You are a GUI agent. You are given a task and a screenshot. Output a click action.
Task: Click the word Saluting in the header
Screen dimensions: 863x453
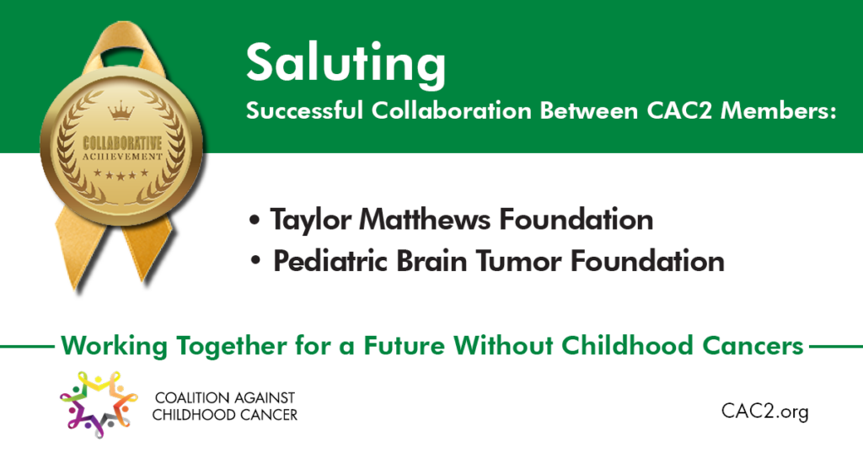pos(346,65)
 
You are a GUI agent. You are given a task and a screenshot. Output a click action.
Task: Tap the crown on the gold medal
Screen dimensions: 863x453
pos(121,110)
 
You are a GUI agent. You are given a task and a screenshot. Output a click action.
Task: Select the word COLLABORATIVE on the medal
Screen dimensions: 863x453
pos(122,144)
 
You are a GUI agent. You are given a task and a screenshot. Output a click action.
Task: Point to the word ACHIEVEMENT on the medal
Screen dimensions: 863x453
pos(122,157)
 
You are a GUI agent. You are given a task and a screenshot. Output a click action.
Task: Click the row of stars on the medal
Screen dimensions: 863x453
pos(121,174)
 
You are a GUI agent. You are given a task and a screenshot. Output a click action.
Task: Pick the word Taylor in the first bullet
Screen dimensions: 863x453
pos(311,221)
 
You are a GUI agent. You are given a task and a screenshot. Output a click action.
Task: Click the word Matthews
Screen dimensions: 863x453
pos(425,220)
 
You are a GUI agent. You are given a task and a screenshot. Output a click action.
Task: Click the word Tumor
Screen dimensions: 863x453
pos(518,260)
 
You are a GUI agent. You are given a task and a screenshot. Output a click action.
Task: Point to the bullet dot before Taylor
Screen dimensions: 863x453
pos(254,221)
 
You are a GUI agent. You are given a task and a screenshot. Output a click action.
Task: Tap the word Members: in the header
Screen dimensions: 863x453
pos(778,110)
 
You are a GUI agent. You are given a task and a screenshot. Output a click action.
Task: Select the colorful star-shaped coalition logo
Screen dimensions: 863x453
pos(98,404)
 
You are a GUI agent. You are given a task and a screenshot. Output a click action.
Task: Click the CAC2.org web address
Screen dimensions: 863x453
pos(765,411)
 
